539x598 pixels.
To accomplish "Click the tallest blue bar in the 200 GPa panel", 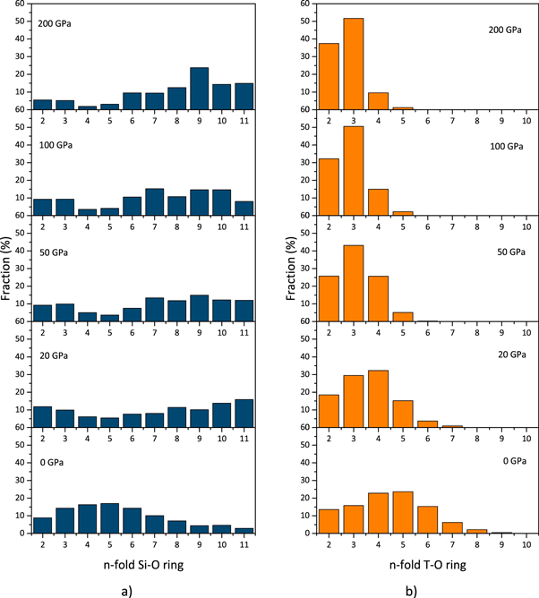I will [199, 88].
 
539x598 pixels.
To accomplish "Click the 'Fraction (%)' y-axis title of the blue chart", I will [9, 268].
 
